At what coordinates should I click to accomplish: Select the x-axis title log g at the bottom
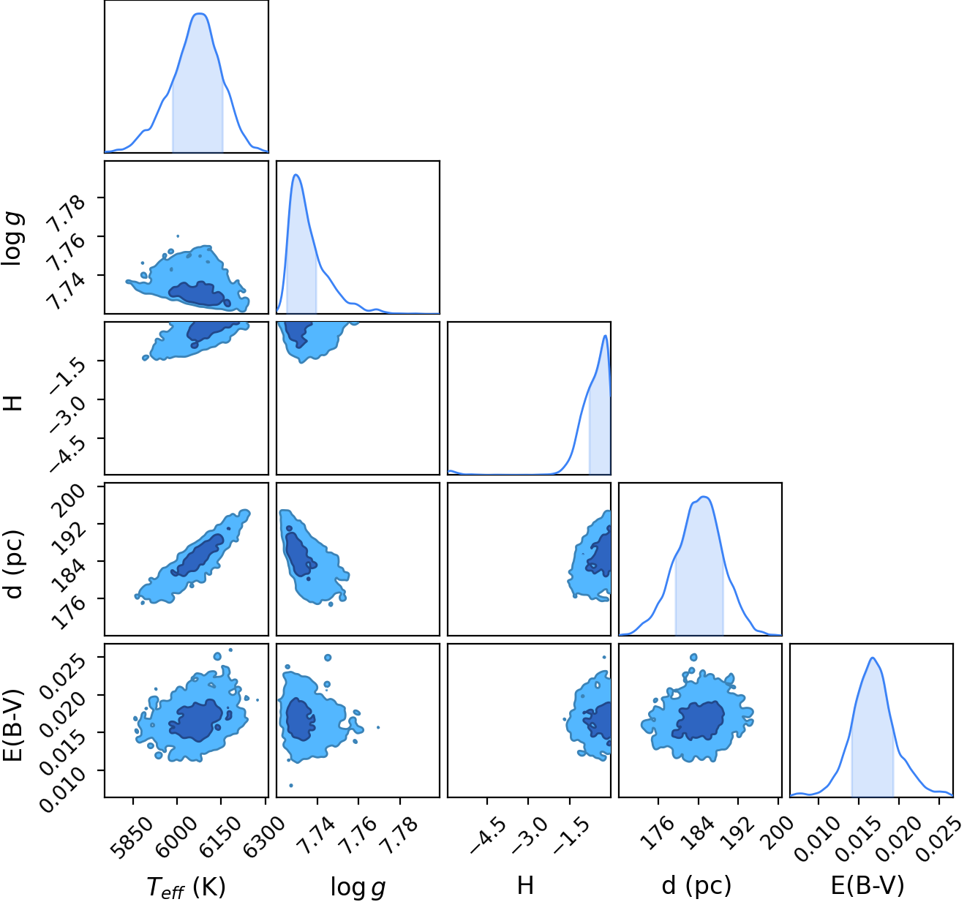(x=358, y=887)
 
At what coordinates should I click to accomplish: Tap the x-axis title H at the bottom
(x=525, y=885)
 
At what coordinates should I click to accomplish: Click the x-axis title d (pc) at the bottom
(x=696, y=885)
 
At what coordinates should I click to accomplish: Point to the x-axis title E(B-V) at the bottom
(x=868, y=885)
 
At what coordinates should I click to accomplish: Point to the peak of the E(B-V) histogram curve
(x=873, y=658)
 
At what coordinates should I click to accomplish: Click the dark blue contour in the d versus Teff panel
(x=197, y=555)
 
